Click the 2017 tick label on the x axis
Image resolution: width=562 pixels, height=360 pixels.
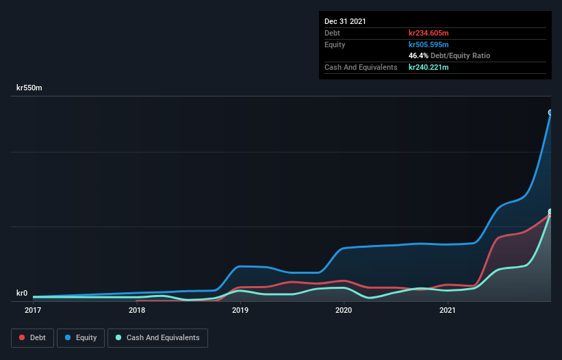pyautogui.click(x=33, y=311)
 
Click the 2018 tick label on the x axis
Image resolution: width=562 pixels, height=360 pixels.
pyautogui.click(x=137, y=311)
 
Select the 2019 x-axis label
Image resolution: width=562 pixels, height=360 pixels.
pyautogui.click(x=240, y=311)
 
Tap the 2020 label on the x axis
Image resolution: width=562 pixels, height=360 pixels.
pyautogui.click(x=344, y=311)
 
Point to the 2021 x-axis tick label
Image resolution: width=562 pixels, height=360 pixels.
pyautogui.click(x=447, y=311)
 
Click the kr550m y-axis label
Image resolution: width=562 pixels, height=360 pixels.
pyautogui.click(x=29, y=88)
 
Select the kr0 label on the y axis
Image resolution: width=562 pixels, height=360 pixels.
pyautogui.click(x=22, y=294)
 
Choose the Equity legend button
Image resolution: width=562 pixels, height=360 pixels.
pyautogui.click(x=81, y=337)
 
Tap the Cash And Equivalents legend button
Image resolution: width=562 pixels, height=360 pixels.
pyautogui.click(x=157, y=337)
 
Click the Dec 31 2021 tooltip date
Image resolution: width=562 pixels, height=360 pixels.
pyautogui.click(x=345, y=21)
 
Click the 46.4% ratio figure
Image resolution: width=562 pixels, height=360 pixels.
pyautogui.click(x=418, y=55)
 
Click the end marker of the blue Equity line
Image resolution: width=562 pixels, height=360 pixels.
pyautogui.click(x=550, y=112)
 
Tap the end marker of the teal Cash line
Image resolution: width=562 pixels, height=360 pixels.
pyautogui.click(x=550, y=212)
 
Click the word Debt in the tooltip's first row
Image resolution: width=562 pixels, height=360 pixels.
pyautogui.click(x=333, y=33)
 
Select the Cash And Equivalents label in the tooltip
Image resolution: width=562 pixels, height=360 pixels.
pyautogui.click(x=361, y=67)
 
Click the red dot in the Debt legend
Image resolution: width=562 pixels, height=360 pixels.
pyautogui.click(x=23, y=337)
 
